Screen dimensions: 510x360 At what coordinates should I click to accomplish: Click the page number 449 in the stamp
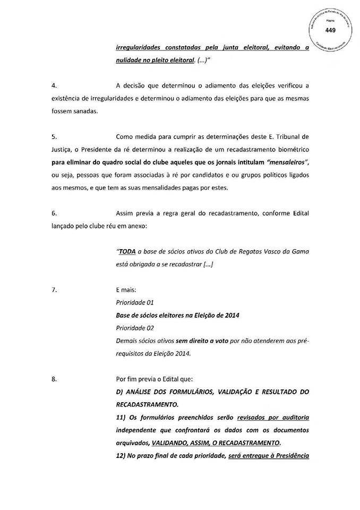tap(330, 30)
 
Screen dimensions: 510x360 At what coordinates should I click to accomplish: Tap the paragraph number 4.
tap(53, 86)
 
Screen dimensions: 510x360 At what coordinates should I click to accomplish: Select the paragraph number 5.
tap(53, 137)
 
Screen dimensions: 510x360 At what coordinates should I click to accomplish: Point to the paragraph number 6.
tap(53, 213)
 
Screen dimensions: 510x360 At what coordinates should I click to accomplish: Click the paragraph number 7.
tap(53, 290)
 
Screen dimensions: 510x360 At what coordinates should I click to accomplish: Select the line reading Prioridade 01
tap(134, 302)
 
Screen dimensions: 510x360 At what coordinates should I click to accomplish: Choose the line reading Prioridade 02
tap(134, 328)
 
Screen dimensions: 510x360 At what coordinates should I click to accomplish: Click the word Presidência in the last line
tap(289, 455)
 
